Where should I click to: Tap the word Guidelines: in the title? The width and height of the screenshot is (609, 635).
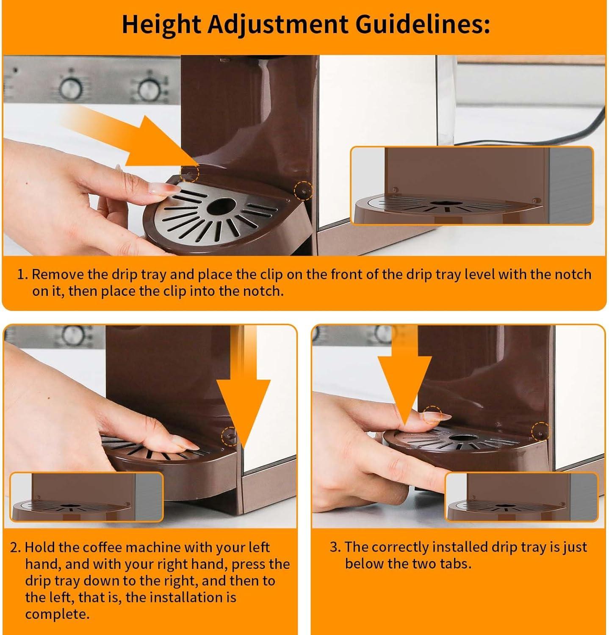[422, 25]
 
